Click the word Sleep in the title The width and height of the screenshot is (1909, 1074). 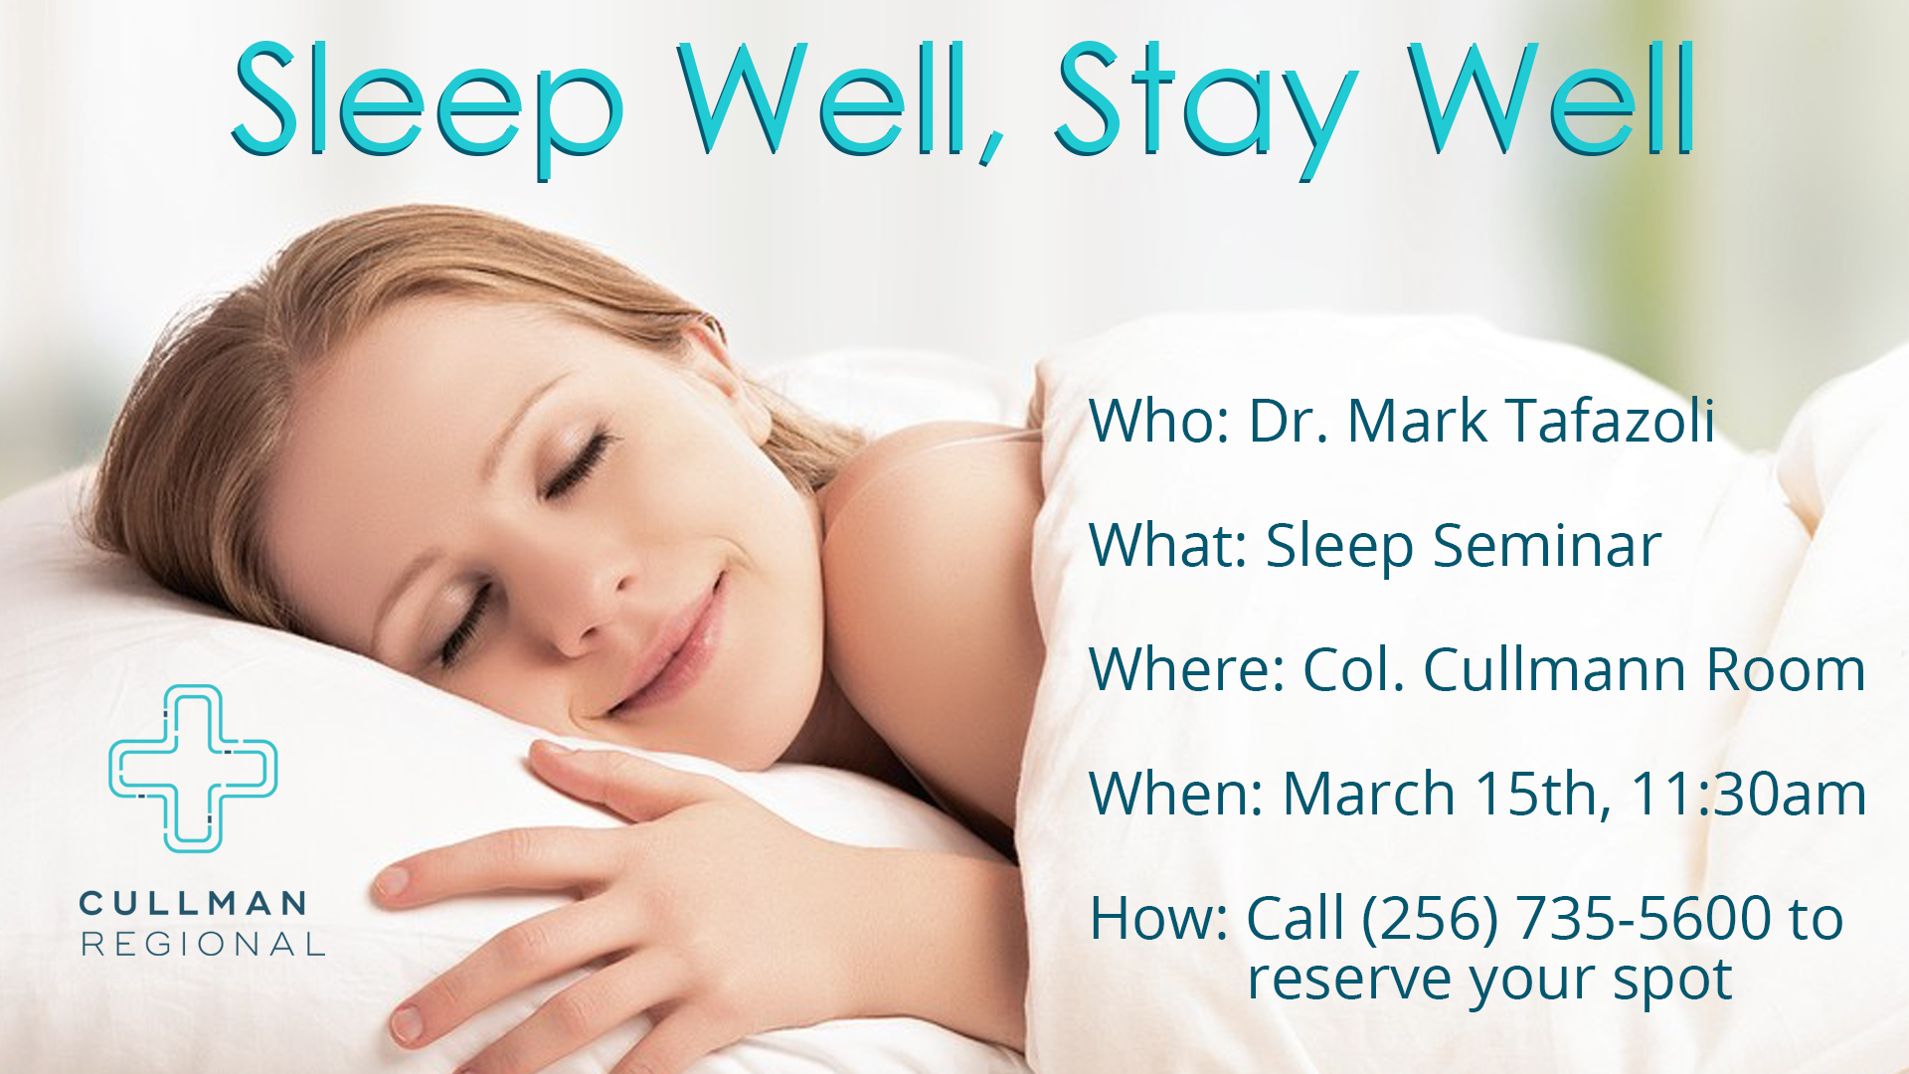click(x=428, y=109)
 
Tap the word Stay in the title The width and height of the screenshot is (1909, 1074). click(x=1206, y=109)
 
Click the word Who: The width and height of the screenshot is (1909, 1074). click(x=1160, y=420)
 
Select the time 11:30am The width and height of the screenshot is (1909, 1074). click(x=1749, y=794)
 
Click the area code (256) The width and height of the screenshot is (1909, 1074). click(x=1430, y=917)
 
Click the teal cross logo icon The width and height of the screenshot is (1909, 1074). click(x=193, y=769)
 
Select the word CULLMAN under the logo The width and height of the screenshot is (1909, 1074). click(x=193, y=904)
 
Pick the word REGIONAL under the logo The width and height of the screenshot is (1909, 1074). click(x=203, y=944)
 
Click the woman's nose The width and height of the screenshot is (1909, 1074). click(x=587, y=607)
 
